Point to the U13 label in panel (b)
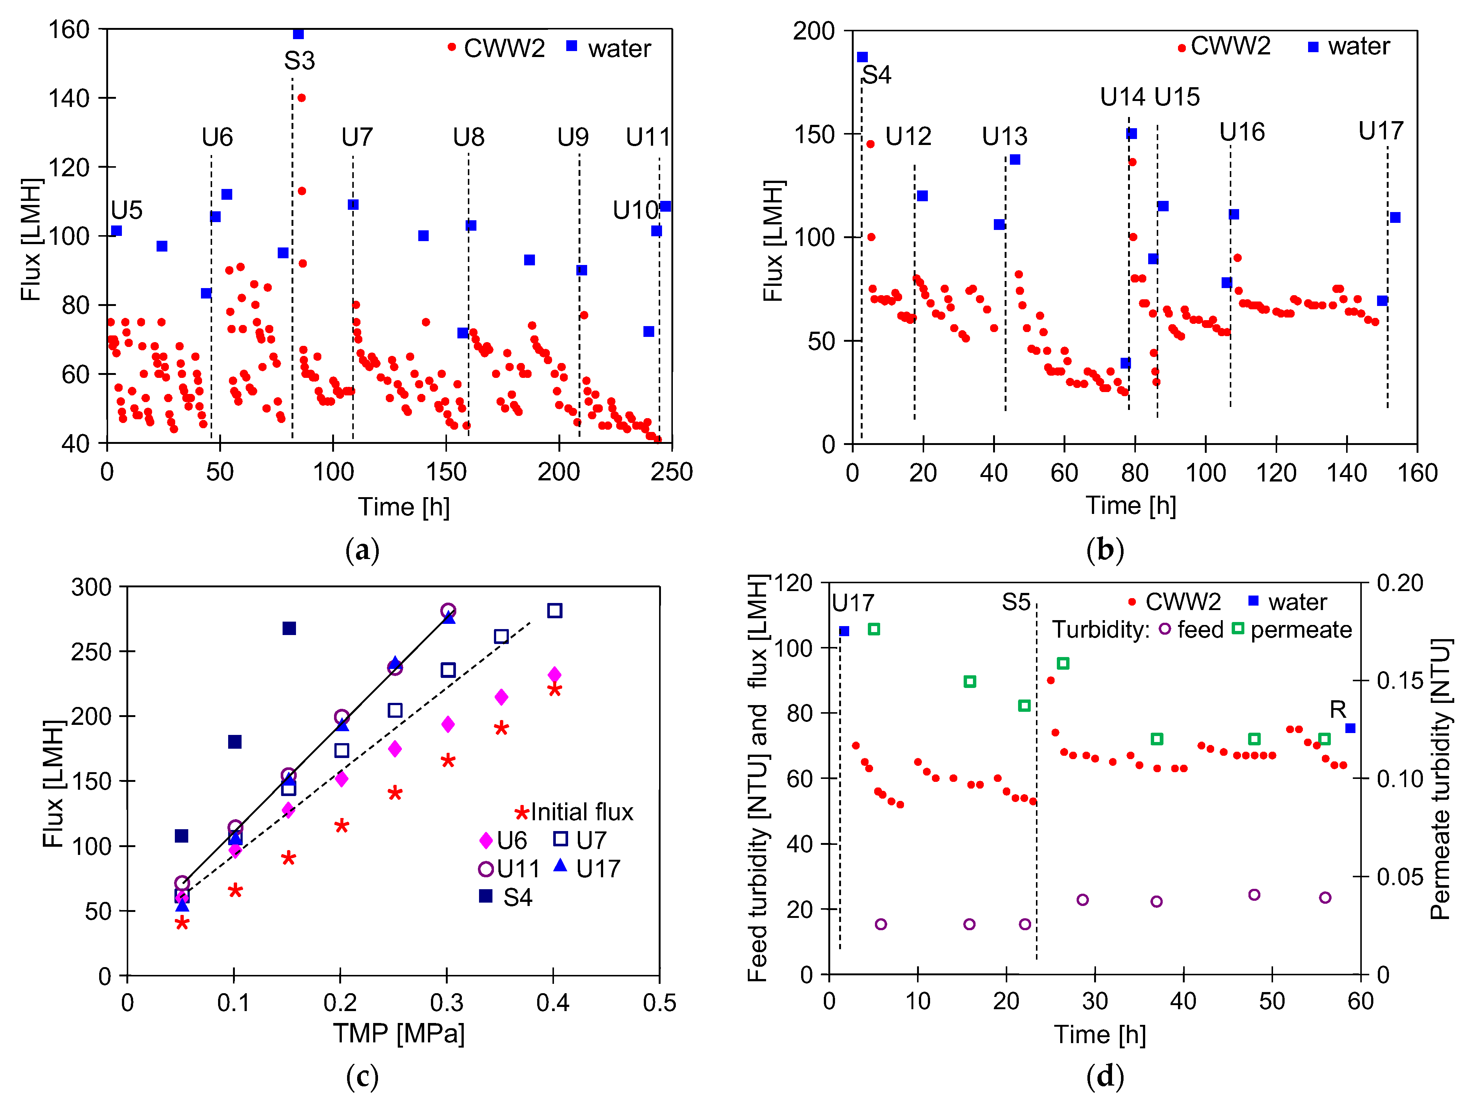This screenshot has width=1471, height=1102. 1004,137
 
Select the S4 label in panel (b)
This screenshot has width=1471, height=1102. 876,75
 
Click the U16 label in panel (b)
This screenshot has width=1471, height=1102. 1242,132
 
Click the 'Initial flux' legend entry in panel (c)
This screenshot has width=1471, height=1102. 575,812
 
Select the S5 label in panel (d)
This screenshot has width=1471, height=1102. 1016,603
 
